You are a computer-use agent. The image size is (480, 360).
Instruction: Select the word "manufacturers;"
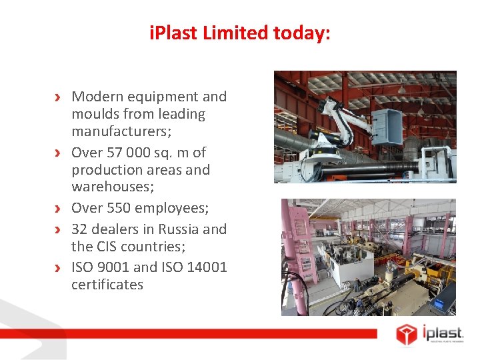(121, 131)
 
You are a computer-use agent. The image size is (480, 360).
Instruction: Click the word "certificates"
(107, 285)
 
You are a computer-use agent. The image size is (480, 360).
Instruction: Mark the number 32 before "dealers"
(80, 229)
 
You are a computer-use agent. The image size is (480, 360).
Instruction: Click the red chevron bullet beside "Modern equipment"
(59, 97)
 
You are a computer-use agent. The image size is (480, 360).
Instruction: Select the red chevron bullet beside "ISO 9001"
(59, 268)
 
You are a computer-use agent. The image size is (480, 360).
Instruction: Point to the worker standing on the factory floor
(357, 285)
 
